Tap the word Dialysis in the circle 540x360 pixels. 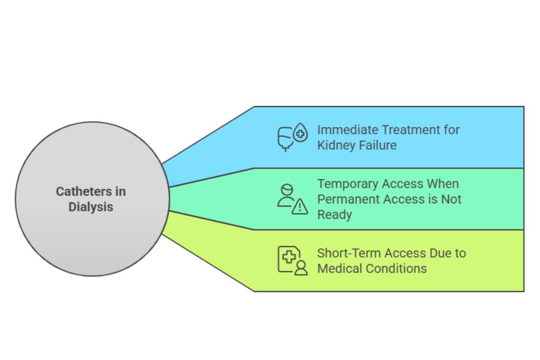91,207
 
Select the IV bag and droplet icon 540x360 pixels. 292,137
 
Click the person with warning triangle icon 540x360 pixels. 292,199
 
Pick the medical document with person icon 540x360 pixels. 292,260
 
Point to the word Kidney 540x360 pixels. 335,145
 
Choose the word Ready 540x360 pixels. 334,215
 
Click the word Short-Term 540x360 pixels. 349,253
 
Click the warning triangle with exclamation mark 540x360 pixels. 300,207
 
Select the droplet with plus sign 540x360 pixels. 301,133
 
